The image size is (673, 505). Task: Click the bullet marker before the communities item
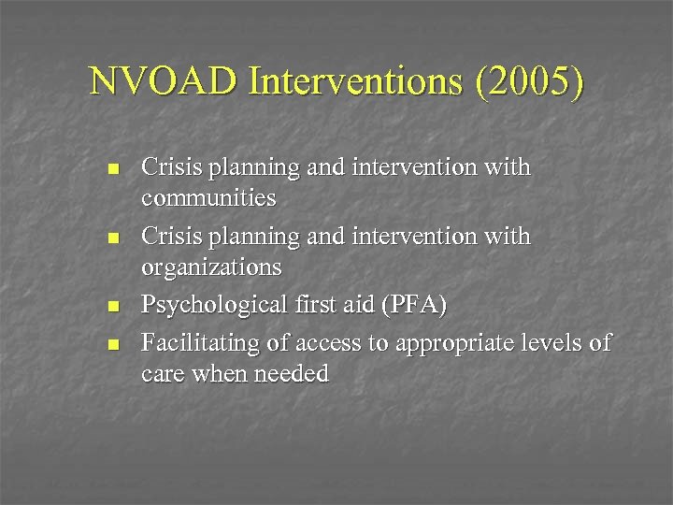pyautogui.click(x=113, y=170)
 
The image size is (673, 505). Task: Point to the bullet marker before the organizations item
pyautogui.click(x=113, y=239)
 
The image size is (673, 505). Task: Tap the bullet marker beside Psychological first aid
pyautogui.click(x=113, y=307)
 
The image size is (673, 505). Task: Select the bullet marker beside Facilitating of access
pyautogui.click(x=113, y=345)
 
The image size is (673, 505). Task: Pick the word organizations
pyautogui.click(x=210, y=268)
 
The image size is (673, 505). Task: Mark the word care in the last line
pyautogui.click(x=162, y=376)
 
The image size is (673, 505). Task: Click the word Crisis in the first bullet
pyautogui.click(x=170, y=168)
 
